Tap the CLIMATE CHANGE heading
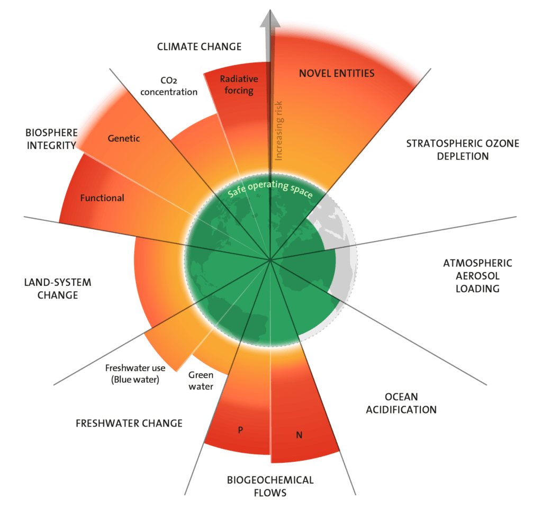click(199, 47)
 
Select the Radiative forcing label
click(239, 85)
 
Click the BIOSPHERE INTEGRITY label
click(51, 139)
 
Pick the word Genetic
click(124, 139)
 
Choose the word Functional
click(102, 198)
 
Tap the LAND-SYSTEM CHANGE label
click(58, 289)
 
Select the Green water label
click(201, 381)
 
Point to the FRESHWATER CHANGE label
click(129, 423)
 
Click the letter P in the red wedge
click(240, 430)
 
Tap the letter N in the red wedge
click(299, 435)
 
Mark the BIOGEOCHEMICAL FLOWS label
click(270, 486)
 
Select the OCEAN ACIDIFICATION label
click(402, 403)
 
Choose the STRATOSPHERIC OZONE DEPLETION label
click(462, 150)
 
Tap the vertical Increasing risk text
click(279, 130)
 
